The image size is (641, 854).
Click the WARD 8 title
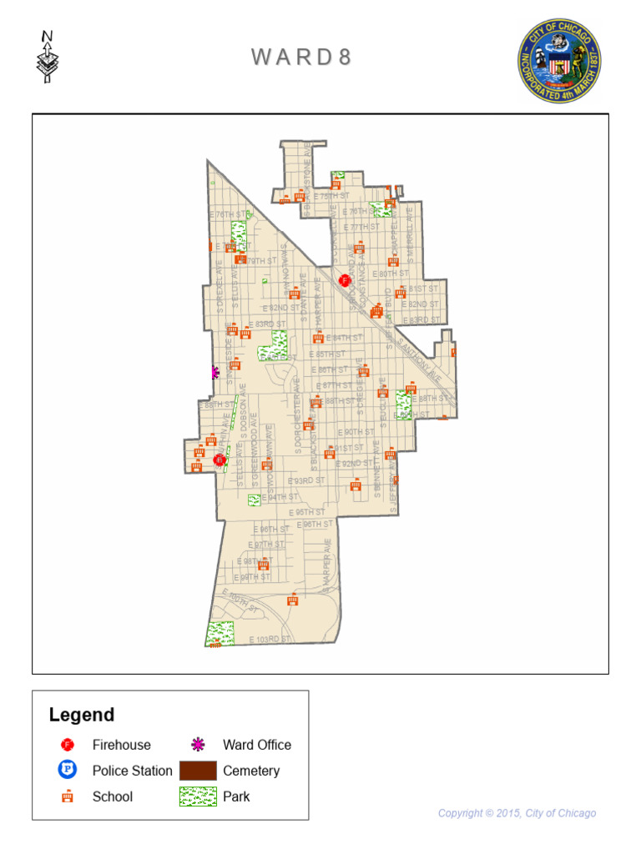[301, 57]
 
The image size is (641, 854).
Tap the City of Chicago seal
[559, 61]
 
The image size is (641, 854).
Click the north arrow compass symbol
[48, 58]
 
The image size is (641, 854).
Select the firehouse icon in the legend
[68, 745]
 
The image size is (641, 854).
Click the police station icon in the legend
[68, 771]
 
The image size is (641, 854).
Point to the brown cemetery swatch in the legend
[198, 771]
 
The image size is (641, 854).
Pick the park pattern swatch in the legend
[198, 796]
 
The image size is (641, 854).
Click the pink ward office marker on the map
[215, 373]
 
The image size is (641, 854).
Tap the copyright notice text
[517, 813]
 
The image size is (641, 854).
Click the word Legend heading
[82, 715]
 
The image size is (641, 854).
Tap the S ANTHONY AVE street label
[419, 358]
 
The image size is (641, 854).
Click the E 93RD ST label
[307, 481]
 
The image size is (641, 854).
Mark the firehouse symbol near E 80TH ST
[344, 279]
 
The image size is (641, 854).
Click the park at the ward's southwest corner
[220, 634]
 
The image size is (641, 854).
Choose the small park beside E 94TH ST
[254, 500]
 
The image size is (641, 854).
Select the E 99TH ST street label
[253, 577]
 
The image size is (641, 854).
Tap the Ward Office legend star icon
[198, 745]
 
